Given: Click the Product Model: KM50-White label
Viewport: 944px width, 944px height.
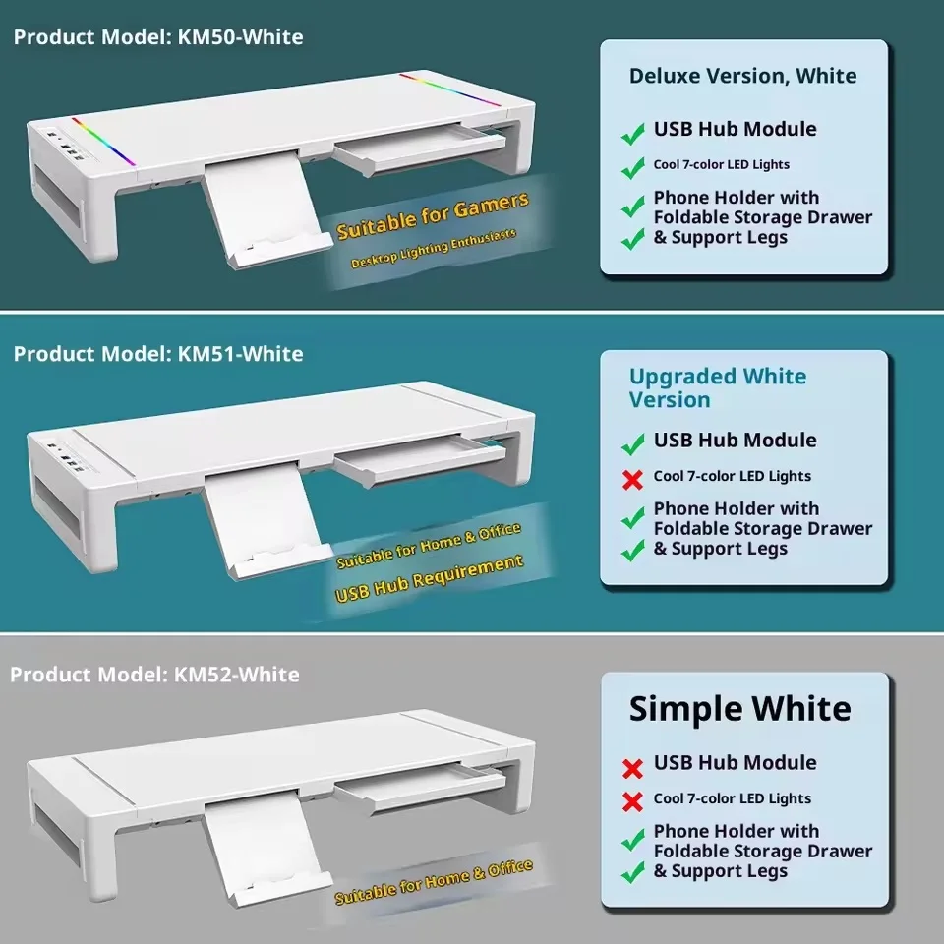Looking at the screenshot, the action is click(158, 37).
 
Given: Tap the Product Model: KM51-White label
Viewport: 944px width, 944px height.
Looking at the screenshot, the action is click(158, 354).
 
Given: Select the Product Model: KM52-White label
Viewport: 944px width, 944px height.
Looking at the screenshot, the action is click(154, 675).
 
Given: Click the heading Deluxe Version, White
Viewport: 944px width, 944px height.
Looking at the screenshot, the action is click(743, 76).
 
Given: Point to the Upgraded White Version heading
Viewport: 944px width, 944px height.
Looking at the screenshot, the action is click(718, 388).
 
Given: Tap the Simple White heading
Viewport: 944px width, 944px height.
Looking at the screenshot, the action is click(739, 709).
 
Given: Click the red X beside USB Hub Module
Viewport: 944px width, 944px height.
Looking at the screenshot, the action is click(632, 768).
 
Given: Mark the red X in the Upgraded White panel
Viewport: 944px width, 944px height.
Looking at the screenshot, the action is click(632, 480).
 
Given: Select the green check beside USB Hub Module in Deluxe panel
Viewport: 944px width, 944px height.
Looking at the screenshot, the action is click(632, 134).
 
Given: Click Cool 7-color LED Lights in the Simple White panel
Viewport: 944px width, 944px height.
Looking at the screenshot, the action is click(732, 798).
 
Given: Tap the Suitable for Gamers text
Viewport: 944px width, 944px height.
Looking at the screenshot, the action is click(433, 215).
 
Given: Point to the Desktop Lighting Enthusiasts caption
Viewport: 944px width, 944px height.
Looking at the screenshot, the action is click(434, 248).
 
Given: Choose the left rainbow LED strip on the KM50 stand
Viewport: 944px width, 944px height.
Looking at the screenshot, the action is click(103, 142).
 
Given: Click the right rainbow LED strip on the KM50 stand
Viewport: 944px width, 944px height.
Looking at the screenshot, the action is click(449, 89).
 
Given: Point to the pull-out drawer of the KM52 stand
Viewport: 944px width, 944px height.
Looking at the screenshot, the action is click(419, 787).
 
